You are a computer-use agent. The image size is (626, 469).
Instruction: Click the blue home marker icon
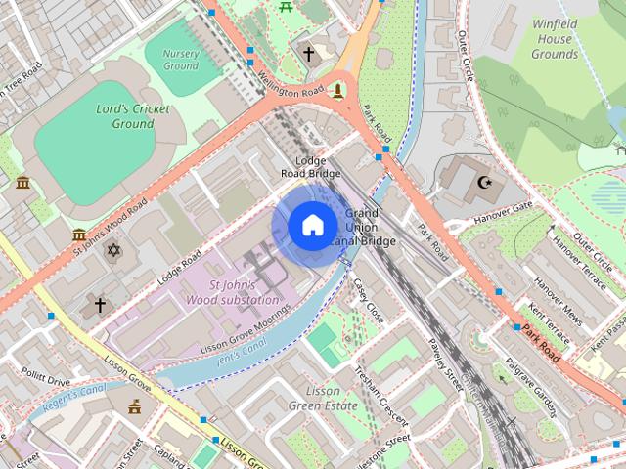click(311, 226)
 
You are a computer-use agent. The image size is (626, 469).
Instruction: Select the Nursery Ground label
click(180, 60)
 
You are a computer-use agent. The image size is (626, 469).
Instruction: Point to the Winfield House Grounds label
click(555, 39)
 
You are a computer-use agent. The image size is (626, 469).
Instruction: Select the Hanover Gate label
click(502, 208)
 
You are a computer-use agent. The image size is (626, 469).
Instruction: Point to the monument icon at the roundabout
click(338, 90)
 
